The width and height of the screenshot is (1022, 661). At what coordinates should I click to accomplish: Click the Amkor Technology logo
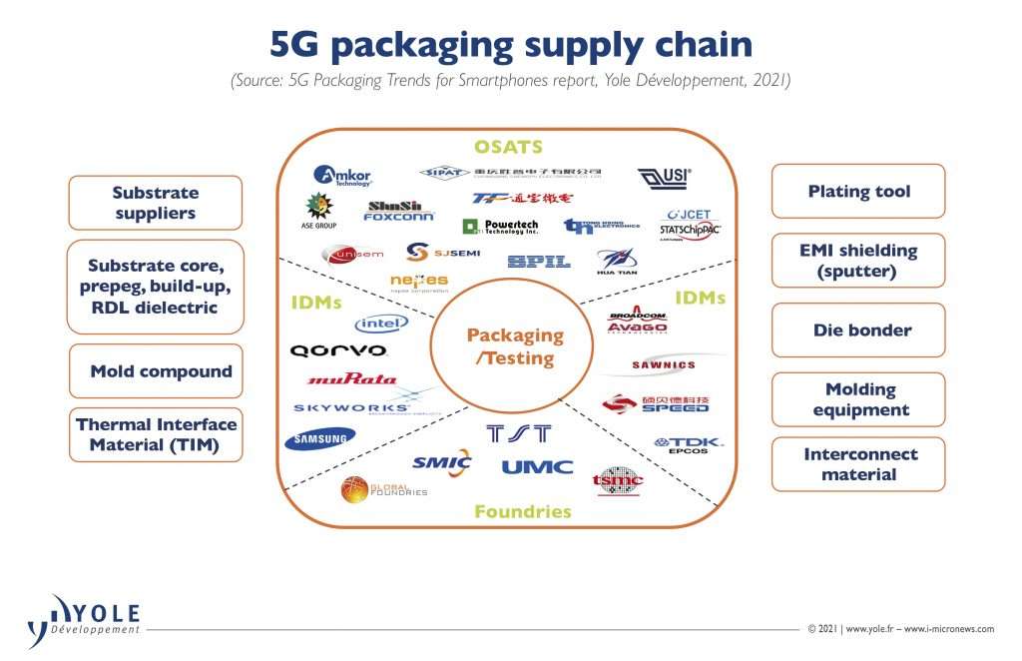point(342,176)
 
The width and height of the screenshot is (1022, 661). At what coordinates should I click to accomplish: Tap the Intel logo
point(381,324)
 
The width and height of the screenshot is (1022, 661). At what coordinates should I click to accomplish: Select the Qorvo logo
point(338,351)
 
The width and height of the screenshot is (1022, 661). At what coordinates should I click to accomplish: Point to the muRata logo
point(352,379)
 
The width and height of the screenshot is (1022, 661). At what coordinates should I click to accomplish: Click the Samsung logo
point(319,439)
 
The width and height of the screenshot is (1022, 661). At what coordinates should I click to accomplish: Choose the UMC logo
point(537,466)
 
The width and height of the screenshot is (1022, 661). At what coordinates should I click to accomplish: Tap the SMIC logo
point(441,462)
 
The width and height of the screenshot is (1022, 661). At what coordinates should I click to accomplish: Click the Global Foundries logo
point(383,489)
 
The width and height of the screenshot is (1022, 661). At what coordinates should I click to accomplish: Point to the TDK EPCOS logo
point(689,445)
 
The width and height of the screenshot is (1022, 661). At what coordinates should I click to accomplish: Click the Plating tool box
point(857,191)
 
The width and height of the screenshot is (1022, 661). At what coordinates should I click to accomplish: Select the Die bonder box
point(857,330)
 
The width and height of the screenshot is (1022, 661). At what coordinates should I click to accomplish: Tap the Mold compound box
point(156,371)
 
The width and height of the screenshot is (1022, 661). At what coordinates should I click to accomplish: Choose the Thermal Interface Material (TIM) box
point(156,434)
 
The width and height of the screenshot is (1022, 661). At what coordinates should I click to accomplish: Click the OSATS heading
point(508,147)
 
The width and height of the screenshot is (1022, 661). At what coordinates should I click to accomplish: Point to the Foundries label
point(522,511)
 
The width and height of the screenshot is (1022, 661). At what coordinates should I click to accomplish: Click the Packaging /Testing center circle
point(515,345)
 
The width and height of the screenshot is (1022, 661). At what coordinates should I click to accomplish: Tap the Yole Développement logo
point(84,619)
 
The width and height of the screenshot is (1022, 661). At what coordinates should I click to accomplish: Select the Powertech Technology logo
point(500,227)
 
